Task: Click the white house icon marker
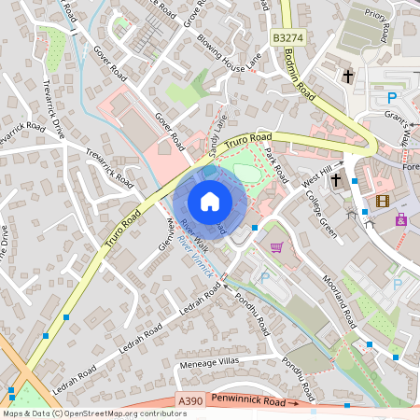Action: pyautogui.click(x=210, y=201)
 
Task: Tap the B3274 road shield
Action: pyautogui.click(x=289, y=37)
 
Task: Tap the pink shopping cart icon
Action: pyautogui.click(x=276, y=246)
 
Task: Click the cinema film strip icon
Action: pyautogui.click(x=381, y=201)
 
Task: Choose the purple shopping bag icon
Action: pyautogui.click(x=401, y=219)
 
